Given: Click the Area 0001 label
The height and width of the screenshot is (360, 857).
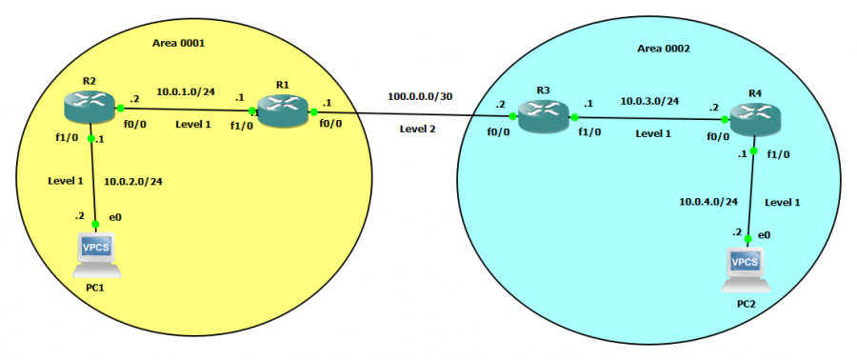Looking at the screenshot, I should coord(179,44).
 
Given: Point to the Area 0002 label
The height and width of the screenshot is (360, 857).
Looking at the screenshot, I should coord(664,48).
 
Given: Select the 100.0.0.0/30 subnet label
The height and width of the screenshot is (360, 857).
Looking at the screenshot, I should coord(420,96).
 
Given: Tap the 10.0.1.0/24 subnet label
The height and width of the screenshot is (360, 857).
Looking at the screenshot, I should coord(183,91).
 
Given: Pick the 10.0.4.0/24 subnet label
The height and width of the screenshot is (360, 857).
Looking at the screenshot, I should coord(709,202).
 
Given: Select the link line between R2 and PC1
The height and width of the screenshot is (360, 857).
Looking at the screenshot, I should coord(93,181).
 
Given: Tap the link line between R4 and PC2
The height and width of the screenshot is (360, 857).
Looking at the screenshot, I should coord(752,195).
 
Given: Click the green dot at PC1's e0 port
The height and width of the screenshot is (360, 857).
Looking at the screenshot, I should coord(95,225).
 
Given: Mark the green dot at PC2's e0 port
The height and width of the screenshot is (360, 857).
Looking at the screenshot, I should coord(750,238).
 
